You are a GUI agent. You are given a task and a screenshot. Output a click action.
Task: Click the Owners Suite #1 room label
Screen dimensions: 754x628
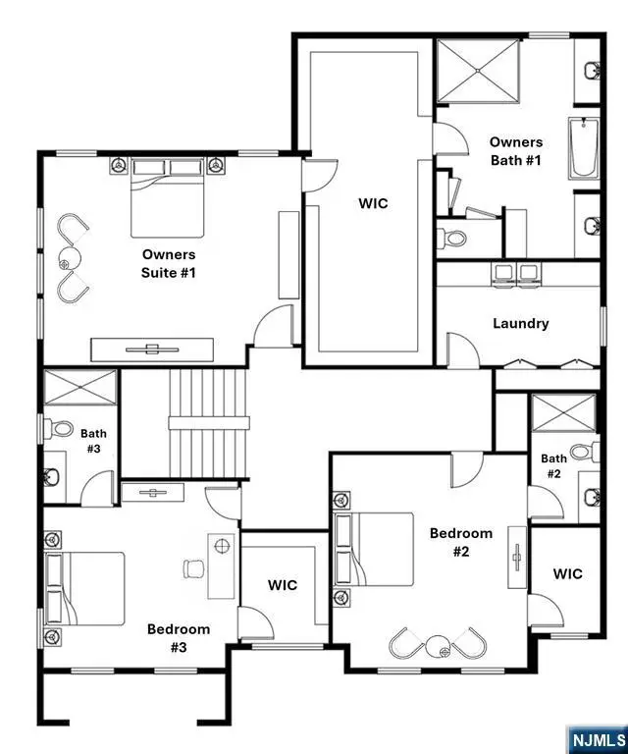click(168, 264)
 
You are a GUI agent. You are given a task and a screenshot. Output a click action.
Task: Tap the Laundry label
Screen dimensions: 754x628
click(520, 323)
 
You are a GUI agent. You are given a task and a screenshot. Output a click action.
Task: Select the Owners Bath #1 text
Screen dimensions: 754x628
click(515, 151)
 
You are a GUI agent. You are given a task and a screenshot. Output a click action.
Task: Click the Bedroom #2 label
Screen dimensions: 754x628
click(461, 542)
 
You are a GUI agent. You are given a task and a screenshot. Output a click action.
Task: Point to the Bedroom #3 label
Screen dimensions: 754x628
click(178, 638)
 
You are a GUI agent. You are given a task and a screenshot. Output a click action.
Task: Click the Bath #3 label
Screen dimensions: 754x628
click(93, 441)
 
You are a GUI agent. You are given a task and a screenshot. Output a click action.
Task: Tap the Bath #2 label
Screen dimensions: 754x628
click(553, 466)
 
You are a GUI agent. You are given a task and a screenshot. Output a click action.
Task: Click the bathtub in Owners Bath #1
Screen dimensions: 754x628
click(583, 148)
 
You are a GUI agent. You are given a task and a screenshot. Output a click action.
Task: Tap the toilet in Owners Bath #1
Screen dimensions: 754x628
click(453, 238)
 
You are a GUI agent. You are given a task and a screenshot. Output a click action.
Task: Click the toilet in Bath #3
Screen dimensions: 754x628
click(61, 428)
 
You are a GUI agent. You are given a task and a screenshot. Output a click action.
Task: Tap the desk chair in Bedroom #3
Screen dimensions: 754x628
click(192, 567)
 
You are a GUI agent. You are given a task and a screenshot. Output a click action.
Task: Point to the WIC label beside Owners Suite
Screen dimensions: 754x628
click(372, 204)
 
